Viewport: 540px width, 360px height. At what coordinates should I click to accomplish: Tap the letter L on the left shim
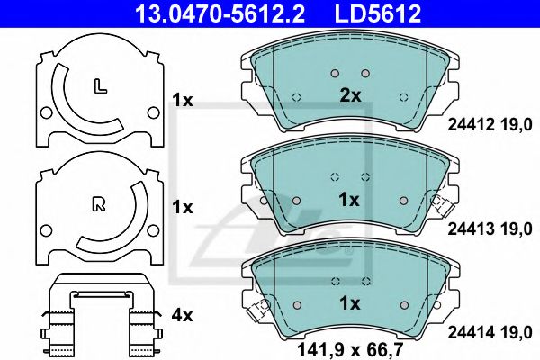click(x=100, y=86)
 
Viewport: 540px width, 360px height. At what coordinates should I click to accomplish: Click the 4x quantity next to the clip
click(x=182, y=315)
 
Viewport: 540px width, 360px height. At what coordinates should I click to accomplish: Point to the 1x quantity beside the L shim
click(x=182, y=102)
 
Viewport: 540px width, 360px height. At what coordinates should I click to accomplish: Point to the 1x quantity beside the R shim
click(x=182, y=207)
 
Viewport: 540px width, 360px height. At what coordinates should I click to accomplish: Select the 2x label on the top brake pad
click(x=350, y=95)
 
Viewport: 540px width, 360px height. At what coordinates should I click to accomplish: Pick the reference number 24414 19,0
click(x=490, y=334)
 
